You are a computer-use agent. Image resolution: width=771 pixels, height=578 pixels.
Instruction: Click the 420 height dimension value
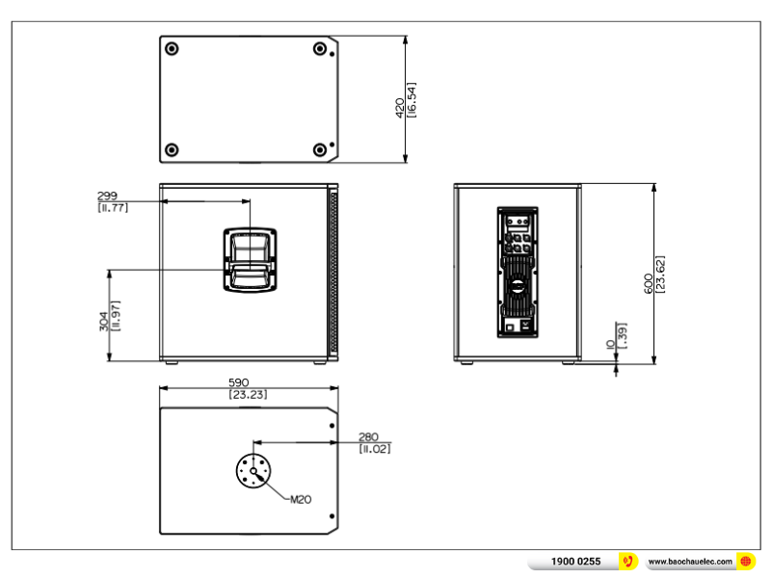coord(400,108)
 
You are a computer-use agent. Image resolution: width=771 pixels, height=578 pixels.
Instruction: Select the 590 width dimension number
coord(238,382)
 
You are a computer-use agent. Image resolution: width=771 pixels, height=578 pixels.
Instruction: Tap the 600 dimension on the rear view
coord(649,283)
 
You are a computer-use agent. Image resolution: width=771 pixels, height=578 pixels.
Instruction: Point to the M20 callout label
coord(301,500)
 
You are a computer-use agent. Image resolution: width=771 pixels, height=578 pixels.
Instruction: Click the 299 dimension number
coord(107,196)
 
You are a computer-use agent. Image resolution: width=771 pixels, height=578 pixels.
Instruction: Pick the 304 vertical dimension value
coord(104,322)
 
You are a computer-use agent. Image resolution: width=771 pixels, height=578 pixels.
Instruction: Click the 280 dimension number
coord(368,437)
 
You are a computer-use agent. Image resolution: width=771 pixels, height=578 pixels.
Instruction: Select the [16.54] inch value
coord(412,100)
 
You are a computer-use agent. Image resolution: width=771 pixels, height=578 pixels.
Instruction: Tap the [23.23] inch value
coord(248,395)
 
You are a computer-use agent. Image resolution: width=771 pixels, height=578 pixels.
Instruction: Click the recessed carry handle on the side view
coord(250,260)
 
